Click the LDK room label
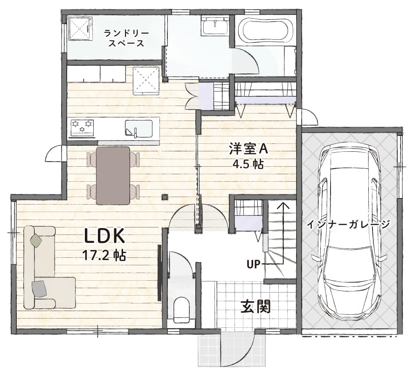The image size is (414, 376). pyautogui.click(x=104, y=236)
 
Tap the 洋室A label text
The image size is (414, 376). pyautogui.click(x=248, y=149)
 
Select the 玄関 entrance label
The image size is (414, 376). pyautogui.click(x=256, y=306)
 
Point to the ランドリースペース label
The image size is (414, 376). pyautogui.click(x=126, y=38)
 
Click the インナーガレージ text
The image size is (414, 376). pyautogui.click(x=348, y=224)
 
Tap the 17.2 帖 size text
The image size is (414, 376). pyautogui.click(x=104, y=255)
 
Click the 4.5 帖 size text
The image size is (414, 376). pyautogui.click(x=248, y=164)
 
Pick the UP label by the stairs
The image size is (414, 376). pyautogui.click(x=254, y=264)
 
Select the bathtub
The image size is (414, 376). pyautogui.click(x=265, y=31)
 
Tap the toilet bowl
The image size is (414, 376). pyautogui.click(x=182, y=310)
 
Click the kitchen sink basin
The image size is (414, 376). pyautogui.click(x=138, y=129)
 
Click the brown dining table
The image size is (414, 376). pyautogui.click(x=113, y=176)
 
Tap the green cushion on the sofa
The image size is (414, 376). pyautogui.click(x=36, y=240)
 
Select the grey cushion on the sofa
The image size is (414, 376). pyautogui.click(x=39, y=289)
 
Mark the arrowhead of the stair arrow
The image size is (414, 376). pyautogui.click(x=283, y=206)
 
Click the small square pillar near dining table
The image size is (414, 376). pyautogui.click(x=165, y=197)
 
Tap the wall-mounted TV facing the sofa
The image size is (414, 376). pyautogui.click(x=159, y=273)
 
